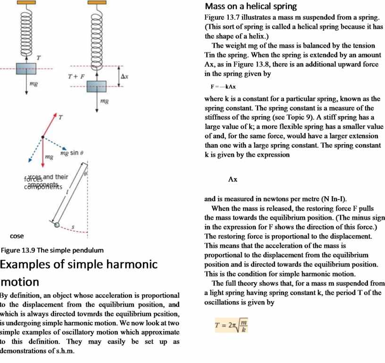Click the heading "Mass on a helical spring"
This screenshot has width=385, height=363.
click(x=251, y=7)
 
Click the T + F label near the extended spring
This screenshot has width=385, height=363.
click(x=75, y=76)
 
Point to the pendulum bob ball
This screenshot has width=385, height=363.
click(x=57, y=225)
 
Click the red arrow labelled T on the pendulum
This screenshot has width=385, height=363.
click(x=50, y=125)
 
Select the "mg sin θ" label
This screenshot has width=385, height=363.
click(x=72, y=154)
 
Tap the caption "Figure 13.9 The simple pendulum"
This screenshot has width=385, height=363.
click(x=52, y=249)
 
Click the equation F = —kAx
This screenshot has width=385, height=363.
click(x=223, y=87)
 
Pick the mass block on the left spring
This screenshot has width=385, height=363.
click(x=26, y=69)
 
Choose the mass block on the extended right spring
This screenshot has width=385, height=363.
click(x=96, y=86)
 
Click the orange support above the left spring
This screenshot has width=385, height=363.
click(x=26, y=2)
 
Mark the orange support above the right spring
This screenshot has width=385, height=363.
click(x=96, y=2)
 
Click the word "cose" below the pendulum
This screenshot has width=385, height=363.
click(x=17, y=236)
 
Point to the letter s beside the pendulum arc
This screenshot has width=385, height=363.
click(x=73, y=228)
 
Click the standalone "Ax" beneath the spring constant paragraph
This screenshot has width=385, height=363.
click(x=233, y=180)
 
